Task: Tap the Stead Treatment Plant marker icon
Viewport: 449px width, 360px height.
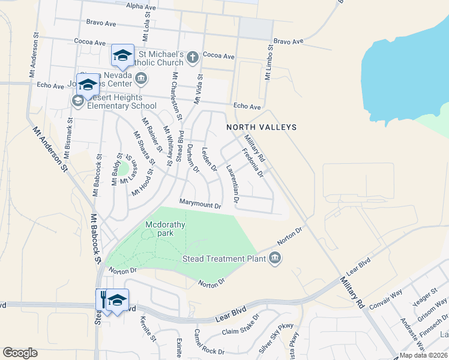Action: [275, 258]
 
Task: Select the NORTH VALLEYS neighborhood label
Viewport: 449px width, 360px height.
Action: [261, 127]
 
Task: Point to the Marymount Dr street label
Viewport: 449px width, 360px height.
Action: [201, 204]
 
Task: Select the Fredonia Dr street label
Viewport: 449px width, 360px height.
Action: [253, 163]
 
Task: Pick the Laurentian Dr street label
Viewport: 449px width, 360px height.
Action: [232, 182]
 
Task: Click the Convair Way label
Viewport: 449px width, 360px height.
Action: [385, 298]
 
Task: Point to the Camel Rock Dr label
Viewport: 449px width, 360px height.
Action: [209, 346]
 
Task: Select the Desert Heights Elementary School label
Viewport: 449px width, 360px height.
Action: [118, 102]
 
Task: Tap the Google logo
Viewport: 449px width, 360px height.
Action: [20, 353]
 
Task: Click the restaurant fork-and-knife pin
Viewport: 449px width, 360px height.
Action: [103, 298]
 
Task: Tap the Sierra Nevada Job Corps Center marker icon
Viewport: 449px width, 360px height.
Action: [142, 77]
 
